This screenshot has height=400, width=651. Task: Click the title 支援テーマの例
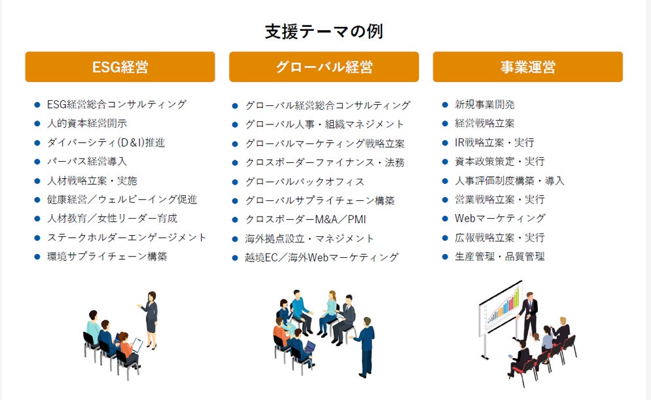pos(324,31)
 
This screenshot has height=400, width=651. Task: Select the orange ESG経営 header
pos(120,67)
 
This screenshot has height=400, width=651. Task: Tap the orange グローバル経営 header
pos(324,67)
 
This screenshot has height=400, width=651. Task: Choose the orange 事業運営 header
pos(527,67)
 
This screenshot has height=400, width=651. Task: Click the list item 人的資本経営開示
pos(87,123)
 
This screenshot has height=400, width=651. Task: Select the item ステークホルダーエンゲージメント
pos(127,237)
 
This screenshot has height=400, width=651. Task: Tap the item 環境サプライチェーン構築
pos(107,256)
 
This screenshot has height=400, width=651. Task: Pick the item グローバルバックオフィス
pos(305,181)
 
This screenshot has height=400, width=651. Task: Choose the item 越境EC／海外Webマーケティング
pos(321,257)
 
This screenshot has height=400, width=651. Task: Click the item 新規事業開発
pos(485,104)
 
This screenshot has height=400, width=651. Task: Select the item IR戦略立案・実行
pos(495,142)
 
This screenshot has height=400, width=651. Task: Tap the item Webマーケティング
pos(500,218)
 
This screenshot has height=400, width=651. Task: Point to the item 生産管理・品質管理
pos(500,256)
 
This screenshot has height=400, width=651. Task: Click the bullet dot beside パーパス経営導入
pos(37,161)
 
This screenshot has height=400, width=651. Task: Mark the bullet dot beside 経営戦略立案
pos(445,123)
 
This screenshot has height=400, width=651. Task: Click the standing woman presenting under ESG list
pos(150,318)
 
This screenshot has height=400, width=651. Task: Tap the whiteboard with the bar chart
pos(501,308)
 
